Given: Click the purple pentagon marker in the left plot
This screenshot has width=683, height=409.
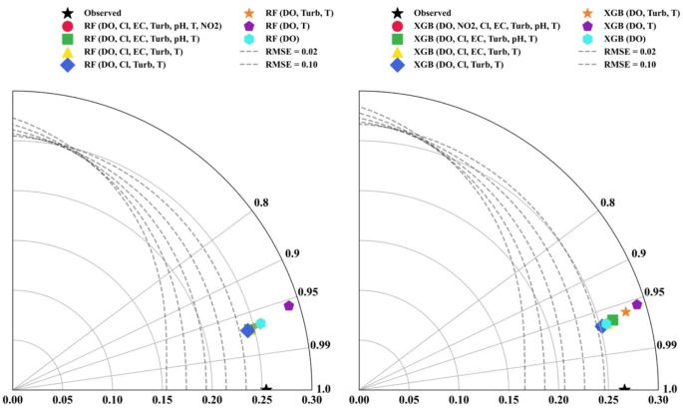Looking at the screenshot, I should point(289,305).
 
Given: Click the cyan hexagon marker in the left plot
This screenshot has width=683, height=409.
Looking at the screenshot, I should point(261,323).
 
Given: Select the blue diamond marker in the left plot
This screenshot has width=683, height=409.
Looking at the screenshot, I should point(247,330).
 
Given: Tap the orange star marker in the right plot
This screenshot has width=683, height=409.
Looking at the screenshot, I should point(626,312).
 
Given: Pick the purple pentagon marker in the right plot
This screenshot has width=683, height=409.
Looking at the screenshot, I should point(637,304).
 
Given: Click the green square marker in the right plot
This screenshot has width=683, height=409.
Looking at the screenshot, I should point(612,319).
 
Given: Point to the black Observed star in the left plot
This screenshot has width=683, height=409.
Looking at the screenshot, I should point(266,389).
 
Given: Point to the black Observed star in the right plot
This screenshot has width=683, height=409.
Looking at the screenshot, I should point(624,389).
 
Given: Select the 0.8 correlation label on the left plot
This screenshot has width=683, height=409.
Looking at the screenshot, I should point(261,204).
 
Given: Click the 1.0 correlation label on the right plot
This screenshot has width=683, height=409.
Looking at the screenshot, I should point(662,389).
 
